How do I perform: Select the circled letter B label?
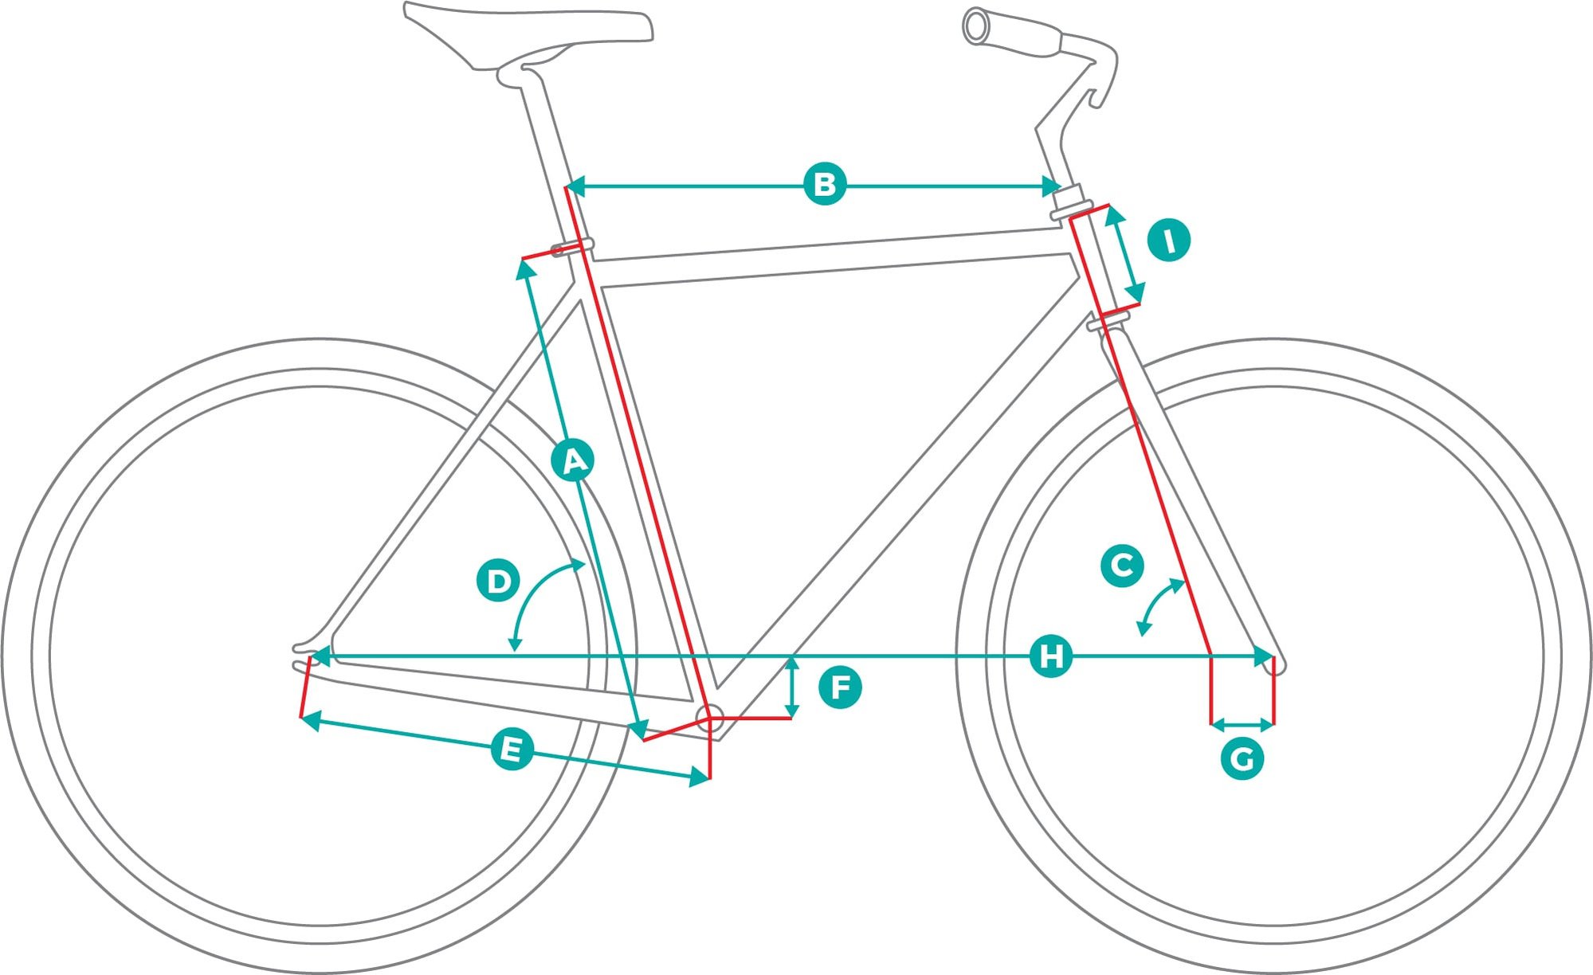coord(824,184)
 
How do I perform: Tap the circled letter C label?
coord(1122,566)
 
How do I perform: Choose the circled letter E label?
coord(511,750)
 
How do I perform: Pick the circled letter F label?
coord(840,687)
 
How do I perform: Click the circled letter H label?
coord(1050,656)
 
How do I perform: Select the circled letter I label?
coord(1168,240)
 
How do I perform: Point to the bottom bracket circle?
coord(709,717)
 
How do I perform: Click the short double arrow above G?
coord(1242,724)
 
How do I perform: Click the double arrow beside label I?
coord(1125,255)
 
